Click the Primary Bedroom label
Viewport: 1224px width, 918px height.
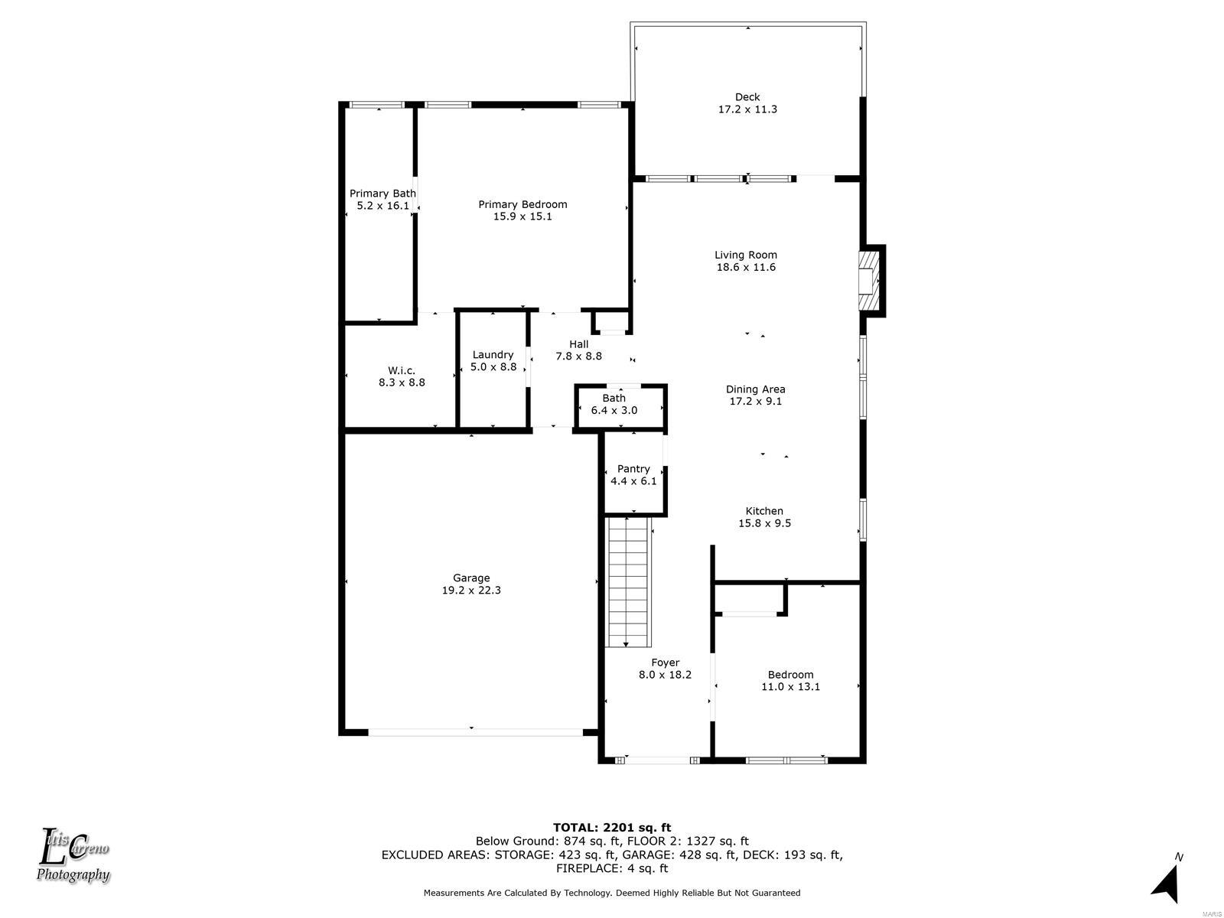click(x=522, y=204)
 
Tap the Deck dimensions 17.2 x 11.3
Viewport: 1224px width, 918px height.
click(x=747, y=109)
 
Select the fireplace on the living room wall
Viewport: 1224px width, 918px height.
click(x=868, y=280)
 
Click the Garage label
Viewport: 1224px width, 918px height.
click(x=471, y=578)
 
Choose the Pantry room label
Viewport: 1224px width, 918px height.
click(x=633, y=469)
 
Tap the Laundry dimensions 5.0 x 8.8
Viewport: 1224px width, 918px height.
click(x=493, y=366)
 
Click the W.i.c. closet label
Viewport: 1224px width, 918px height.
click(x=402, y=371)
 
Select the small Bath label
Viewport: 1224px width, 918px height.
click(x=614, y=398)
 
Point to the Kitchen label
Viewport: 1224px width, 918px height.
click(x=764, y=510)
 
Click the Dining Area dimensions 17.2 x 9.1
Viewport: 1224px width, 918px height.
click(x=755, y=402)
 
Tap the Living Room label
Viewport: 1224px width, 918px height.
click(x=746, y=255)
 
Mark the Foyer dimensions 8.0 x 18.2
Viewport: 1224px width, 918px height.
click(x=665, y=675)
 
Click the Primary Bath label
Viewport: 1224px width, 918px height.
click(x=382, y=194)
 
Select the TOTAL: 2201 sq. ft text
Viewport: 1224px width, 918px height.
click(x=612, y=827)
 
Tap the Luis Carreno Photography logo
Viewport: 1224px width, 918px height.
click(x=73, y=856)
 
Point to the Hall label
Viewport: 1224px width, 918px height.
click(x=579, y=344)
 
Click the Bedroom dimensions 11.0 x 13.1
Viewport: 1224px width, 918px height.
click(x=790, y=687)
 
